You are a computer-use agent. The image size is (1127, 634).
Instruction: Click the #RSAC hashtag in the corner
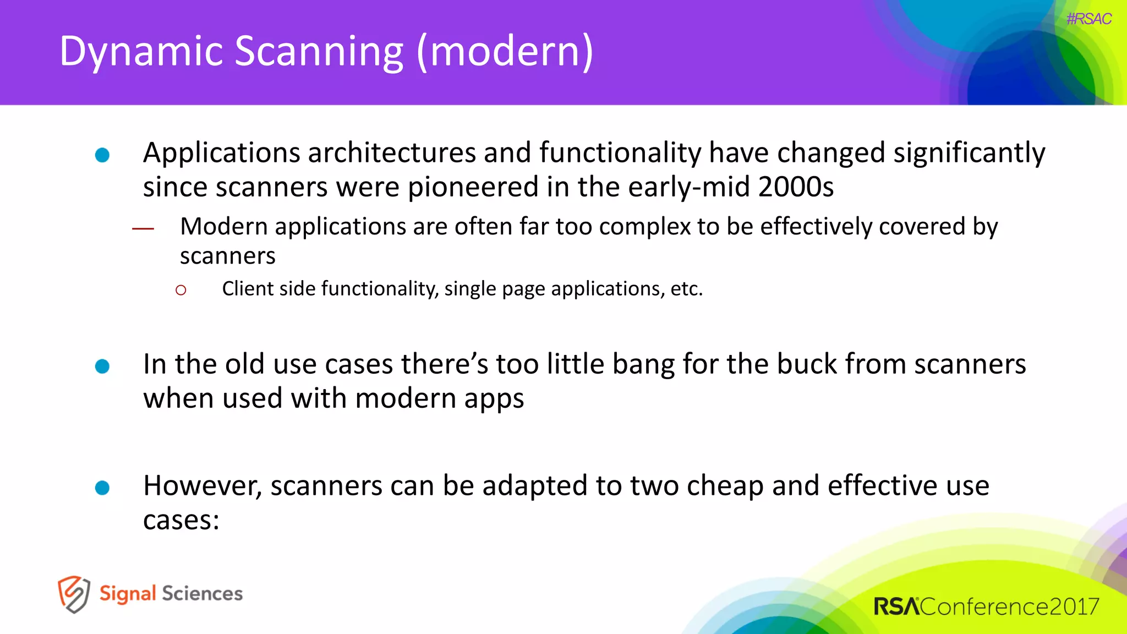pyautogui.click(x=1088, y=19)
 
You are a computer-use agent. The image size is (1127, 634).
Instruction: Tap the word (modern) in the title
pyautogui.click(x=505, y=52)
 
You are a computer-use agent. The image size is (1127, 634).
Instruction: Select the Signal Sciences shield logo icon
pyautogui.click(x=74, y=594)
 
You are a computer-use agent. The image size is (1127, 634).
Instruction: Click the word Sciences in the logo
pyautogui.click(x=202, y=594)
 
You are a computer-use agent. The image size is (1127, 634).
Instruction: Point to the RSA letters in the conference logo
pyautogui.click(x=896, y=606)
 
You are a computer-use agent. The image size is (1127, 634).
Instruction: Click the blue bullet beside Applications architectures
pyautogui.click(x=102, y=155)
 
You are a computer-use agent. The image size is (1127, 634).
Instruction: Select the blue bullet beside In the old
pyautogui.click(x=102, y=367)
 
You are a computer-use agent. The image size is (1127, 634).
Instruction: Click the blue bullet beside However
pyautogui.click(x=102, y=488)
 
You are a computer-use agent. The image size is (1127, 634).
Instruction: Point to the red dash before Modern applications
pyautogui.click(x=143, y=228)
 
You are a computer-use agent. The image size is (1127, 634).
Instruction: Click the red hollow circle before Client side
pyautogui.click(x=181, y=290)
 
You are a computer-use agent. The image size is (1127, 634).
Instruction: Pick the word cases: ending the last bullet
pyautogui.click(x=181, y=520)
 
